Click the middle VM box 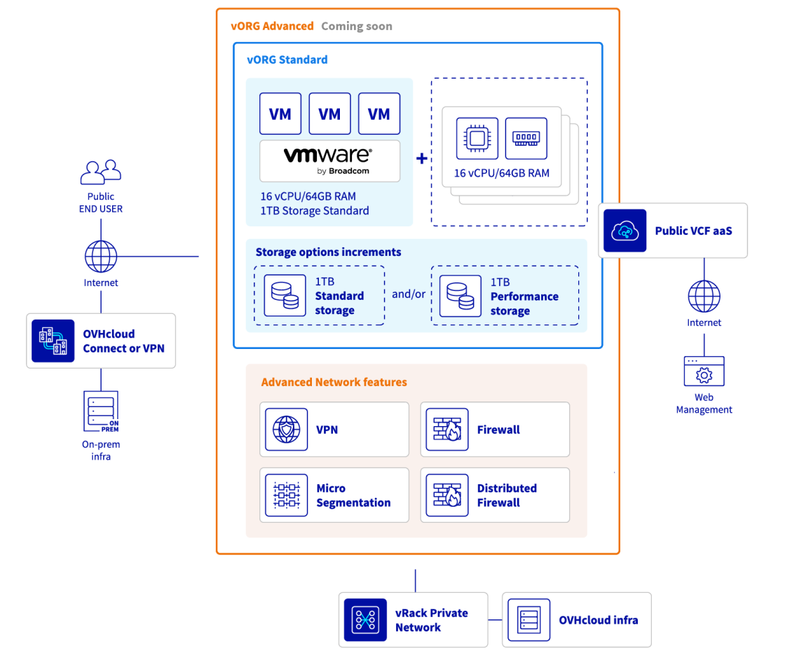pos(329,114)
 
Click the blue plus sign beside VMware pos(422,159)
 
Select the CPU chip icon pos(477,138)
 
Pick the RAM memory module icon pos(526,138)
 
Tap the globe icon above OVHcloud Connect pos(101,257)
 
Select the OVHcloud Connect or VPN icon pos(53,341)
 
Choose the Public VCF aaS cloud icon pos(625,231)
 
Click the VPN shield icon pos(286,430)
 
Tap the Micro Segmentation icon pos(286,495)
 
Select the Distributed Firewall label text pos(507,495)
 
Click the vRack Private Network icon pos(365,620)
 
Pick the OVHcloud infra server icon pos(528,620)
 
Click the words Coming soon pos(357,27)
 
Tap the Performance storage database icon pos(460,296)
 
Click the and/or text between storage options pos(408,294)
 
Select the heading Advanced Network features pos(334,383)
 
